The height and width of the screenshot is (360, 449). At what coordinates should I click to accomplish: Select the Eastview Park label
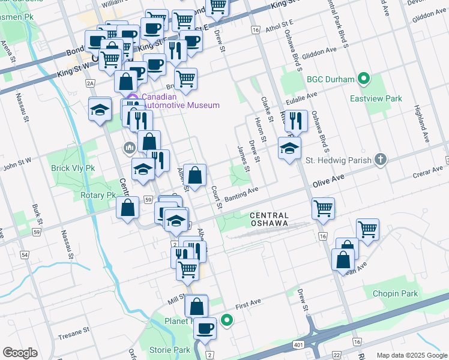[376, 98]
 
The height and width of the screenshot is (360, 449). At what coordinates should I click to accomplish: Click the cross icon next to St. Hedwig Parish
[379, 160]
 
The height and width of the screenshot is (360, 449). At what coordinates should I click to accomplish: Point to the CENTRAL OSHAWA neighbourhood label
[269, 219]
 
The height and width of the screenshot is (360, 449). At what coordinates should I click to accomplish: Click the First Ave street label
[250, 305]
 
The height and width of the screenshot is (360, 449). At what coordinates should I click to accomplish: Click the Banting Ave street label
[241, 194]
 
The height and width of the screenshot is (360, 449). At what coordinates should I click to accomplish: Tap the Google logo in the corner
[20, 353]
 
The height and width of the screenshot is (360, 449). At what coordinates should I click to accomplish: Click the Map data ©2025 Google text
[411, 355]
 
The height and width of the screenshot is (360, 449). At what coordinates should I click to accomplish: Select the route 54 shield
[25, 255]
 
